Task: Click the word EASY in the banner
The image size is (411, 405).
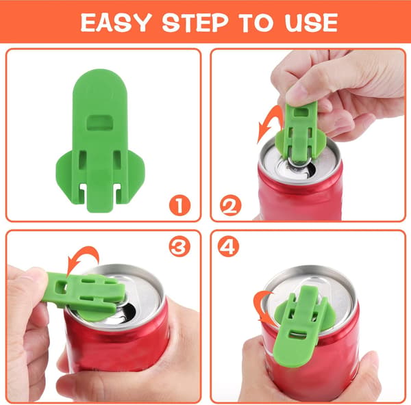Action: [116, 23]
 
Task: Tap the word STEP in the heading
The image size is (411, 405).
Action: [195, 23]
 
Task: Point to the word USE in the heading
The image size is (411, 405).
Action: [311, 23]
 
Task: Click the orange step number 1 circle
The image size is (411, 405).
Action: [179, 205]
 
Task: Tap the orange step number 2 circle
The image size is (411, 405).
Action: [230, 205]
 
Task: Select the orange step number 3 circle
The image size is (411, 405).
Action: [179, 246]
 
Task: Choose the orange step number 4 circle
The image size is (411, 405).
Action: [228, 246]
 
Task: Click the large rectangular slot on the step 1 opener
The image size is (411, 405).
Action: [100, 122]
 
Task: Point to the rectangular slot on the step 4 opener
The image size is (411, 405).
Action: [297, 335]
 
